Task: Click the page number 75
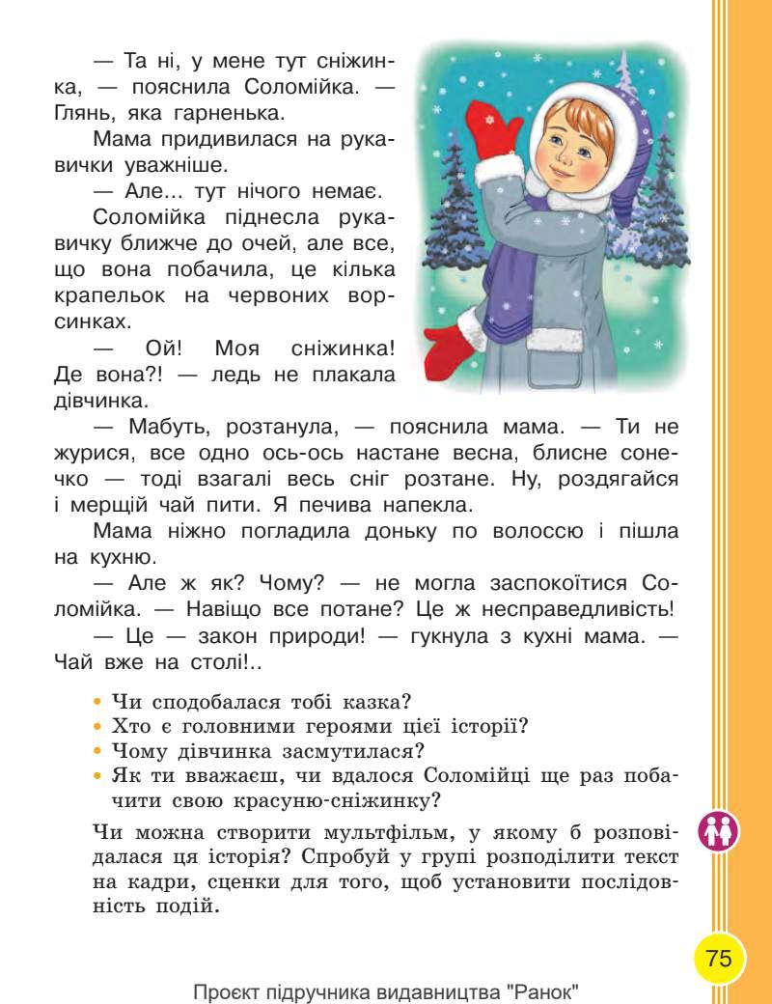719,959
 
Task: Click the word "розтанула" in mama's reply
272,426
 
